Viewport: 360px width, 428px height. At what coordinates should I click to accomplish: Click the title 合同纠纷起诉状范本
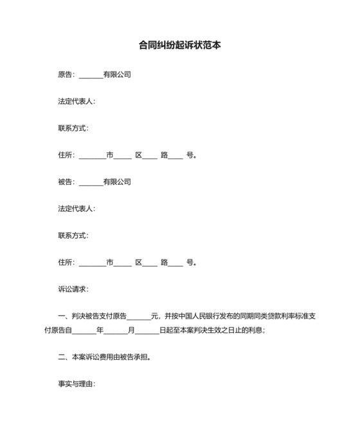pos(180,46)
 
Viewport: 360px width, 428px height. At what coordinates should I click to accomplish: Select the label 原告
pos(65,75)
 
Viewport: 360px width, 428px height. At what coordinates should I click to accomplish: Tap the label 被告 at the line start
pos(65,182)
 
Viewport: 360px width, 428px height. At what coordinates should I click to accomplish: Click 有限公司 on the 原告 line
pos(117,75)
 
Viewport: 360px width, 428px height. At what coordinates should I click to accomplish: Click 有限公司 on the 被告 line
pos(117,182)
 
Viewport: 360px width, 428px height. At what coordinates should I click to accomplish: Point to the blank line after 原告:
pos(91,76)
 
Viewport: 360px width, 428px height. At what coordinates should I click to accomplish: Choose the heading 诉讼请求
pos(72,290)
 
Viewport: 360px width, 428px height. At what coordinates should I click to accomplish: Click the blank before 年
pos(84,331)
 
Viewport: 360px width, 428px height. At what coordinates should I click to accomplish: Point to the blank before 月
pos(116,331)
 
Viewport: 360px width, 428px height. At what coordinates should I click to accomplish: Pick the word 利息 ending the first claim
pos(255,330)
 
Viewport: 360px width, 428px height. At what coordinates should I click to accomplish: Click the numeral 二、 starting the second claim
pos(63,357)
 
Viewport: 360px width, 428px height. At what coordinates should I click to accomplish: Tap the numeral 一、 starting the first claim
pos(63,316)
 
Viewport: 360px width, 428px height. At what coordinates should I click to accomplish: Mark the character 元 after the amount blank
pos(154,316)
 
